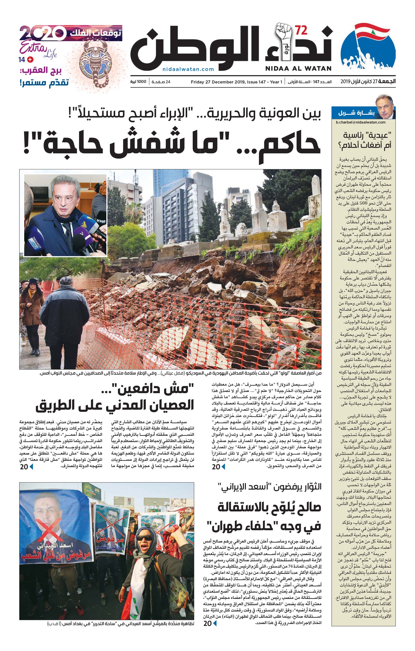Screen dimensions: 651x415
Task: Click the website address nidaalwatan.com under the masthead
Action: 188,69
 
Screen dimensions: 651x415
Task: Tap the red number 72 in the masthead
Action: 301,31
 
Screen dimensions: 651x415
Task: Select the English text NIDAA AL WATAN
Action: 298,69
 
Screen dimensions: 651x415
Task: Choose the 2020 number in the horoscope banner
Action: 43,33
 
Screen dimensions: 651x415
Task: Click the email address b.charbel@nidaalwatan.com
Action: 361,122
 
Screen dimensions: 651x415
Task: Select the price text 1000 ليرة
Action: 138,82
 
